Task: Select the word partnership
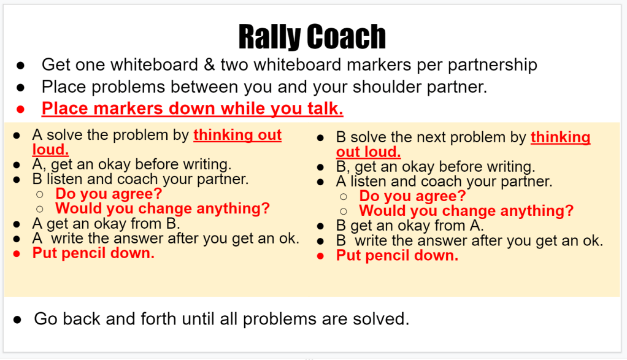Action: (x=492, y=66)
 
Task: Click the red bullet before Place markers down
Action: (x=20, y=109)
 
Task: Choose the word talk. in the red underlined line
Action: (x=325, y=109)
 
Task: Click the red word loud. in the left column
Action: (x=50, y=150)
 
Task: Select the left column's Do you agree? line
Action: (x=109, y=194)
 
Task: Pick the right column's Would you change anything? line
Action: (x=466, y=210)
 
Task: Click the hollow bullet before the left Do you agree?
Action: (x=40, y=194)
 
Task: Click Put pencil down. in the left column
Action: (x=93, y=253)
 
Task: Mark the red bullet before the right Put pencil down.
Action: (x=320, y=256)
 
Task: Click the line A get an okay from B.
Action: (x=106, y=224)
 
